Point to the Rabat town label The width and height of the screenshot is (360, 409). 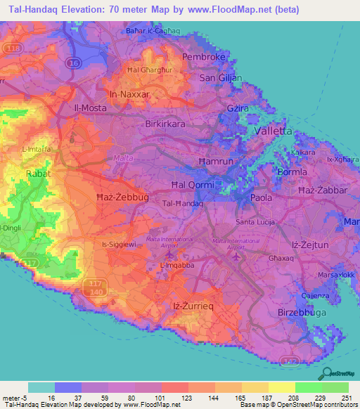pyautogui.click(x=39, y=173)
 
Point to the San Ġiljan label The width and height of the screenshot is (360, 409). pyautogui.click(x=221, y=78)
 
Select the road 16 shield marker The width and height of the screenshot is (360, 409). pyautogui.click(x=72, y=63)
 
